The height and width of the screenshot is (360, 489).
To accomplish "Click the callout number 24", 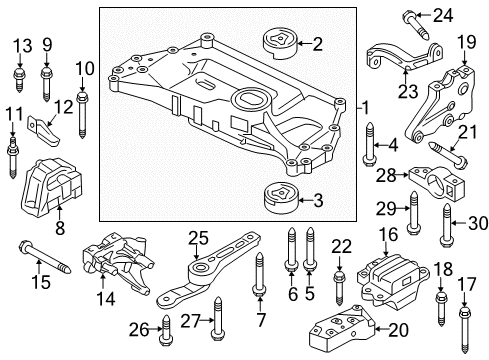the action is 443,15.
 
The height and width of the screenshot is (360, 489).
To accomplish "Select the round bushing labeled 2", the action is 281,45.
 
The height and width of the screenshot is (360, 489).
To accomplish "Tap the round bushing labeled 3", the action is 281,197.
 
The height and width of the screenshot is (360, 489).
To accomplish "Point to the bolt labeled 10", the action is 82,114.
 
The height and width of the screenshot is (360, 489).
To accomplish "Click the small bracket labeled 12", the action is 45,131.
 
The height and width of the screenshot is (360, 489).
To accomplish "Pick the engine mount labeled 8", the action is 51,189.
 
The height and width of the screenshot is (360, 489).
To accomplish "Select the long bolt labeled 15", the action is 45,257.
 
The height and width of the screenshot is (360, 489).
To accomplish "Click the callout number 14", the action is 105,299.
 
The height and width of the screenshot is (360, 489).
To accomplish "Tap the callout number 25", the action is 198,238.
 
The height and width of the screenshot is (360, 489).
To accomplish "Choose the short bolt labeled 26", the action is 166,330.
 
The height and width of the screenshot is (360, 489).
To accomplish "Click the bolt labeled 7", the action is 260,273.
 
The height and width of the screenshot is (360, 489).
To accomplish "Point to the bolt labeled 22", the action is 339,288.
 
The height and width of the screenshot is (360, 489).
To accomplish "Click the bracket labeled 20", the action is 341,327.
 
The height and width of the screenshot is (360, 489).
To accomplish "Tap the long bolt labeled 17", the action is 465,330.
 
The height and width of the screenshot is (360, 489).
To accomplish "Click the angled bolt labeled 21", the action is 448,153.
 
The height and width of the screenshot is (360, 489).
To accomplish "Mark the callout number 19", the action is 466,42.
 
